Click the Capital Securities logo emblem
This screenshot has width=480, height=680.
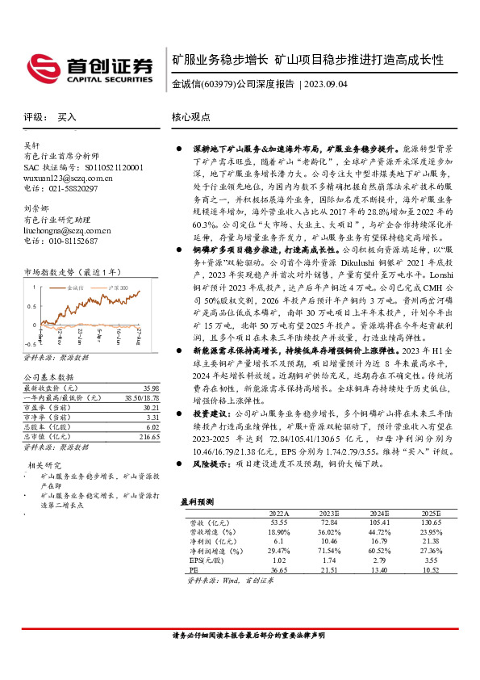[x=41, y=66]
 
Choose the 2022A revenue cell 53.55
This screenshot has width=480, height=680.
[x=278, y=523]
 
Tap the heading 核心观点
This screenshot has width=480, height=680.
[x=190, y=118]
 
